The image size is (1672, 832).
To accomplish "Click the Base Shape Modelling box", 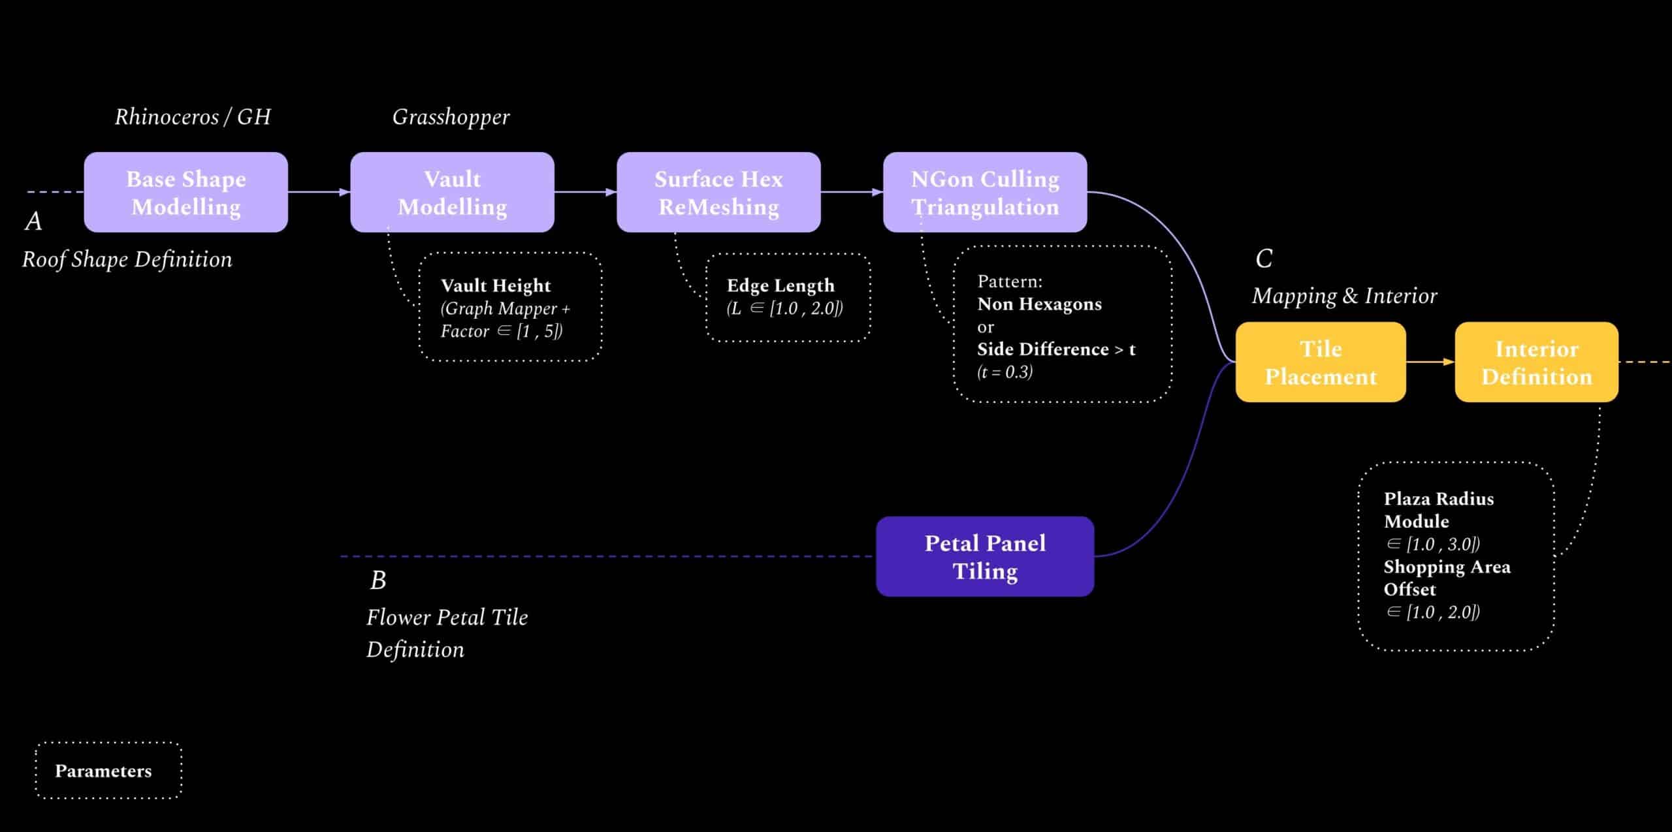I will pos(186,193).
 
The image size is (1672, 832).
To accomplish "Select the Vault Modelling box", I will pos(452,193).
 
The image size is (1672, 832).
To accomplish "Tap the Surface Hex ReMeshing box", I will pos(718,193).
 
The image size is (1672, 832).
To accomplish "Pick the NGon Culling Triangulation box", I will pos(985,193).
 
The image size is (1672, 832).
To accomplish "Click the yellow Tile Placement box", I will pos(1321,362).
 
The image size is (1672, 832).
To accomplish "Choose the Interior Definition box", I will pos(1536,362).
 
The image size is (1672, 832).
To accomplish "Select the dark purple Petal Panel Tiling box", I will pos(985,556).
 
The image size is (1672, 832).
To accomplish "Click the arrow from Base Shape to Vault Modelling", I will pos(319,192).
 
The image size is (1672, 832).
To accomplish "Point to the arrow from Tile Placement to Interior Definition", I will pos(1430,362).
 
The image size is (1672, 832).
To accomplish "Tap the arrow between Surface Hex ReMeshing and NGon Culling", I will pos(852,192).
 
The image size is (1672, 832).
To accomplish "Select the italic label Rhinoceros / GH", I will pos(193,117).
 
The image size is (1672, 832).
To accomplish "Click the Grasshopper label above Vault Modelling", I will pos(451,117).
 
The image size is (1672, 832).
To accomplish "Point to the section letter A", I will pos(33,221).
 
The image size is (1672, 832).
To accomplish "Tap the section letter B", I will pos(378,580).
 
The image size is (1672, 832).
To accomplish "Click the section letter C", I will pos(1264,259).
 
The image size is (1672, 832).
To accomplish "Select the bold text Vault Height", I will pos(496,285).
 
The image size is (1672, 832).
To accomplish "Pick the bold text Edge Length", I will pos(780,285).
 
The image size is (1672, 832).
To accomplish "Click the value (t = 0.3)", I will pos(1005,372).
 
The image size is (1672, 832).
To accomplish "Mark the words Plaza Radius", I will pos(1439,499).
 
